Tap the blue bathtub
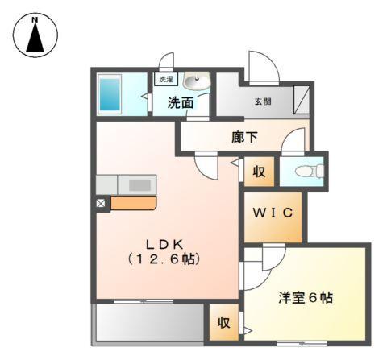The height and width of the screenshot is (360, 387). click(110, 95)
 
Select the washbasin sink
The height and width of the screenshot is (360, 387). click(197, 81)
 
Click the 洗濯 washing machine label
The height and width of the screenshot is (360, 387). click(165, 80)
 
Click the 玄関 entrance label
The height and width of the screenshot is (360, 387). click(263, 102)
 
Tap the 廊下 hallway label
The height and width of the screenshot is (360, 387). click(244, 137)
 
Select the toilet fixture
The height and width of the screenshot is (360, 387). click(308, 171)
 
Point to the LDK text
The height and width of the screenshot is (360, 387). click(167, 243)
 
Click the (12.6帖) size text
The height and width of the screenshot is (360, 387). click(167, 259)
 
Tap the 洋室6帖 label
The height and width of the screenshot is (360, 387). click(306, 298)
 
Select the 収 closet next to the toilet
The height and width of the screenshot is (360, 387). click(259, 172)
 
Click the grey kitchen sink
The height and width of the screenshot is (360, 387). click(139, 184)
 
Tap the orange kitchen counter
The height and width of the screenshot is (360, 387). click(134, 203)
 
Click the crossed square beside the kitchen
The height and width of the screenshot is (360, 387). click(102, 204)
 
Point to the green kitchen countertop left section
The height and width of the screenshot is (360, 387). click(107, 184)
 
